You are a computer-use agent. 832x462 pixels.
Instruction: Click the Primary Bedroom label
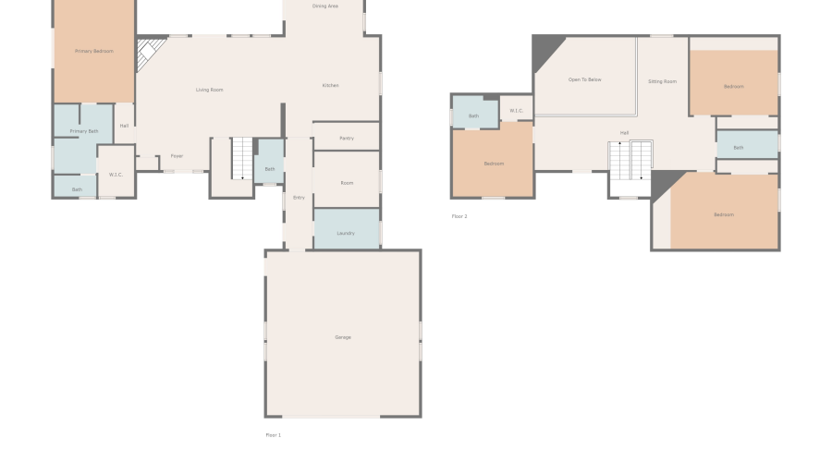[94, 51]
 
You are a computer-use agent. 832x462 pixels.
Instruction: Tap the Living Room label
[210, 90]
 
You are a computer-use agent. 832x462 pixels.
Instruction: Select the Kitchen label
[330, 85]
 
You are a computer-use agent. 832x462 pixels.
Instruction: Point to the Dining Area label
[324, 6]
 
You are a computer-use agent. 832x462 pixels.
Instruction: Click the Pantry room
[347, 138]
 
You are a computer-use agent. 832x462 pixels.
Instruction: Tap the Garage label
[343, 337]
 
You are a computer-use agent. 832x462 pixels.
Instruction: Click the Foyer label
[177, 156]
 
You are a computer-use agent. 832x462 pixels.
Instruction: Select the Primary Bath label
[84, 131]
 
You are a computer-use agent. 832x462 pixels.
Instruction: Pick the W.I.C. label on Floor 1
[116, 174]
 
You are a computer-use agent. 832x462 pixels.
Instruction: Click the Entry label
[299, 197]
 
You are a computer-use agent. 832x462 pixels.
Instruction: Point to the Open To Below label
[584, 79]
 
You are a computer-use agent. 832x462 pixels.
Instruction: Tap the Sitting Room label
[662, 81]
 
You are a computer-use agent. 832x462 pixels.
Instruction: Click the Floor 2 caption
[459, 216]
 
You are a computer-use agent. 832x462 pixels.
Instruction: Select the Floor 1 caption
[274, 434]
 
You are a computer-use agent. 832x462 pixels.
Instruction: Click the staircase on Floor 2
[630, 161]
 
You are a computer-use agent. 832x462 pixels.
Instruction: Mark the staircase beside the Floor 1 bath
[241, 158]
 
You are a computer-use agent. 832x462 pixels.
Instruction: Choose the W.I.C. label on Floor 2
[516, 111]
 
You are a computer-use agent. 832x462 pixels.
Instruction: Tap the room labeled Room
[347, 183]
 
